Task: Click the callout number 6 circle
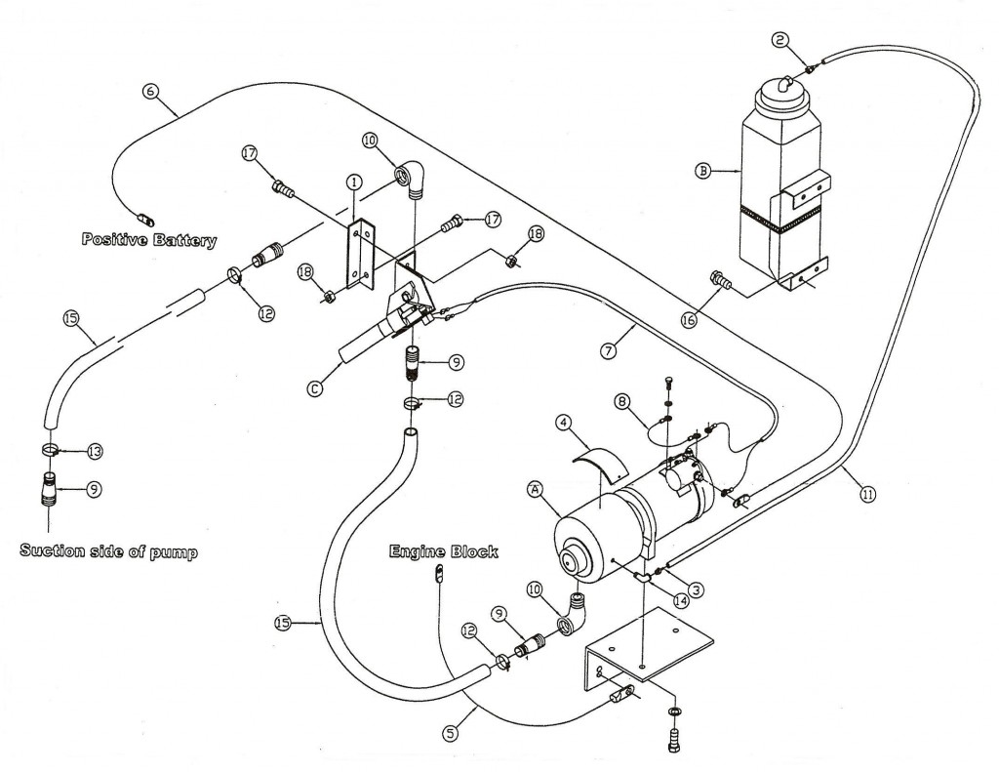click(149, 91)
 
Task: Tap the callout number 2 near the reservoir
click(779, 40)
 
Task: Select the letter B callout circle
click(700, 171)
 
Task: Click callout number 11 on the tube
click(867, 494)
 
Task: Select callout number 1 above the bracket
click(353, 182)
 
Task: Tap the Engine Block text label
click(444, 552)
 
